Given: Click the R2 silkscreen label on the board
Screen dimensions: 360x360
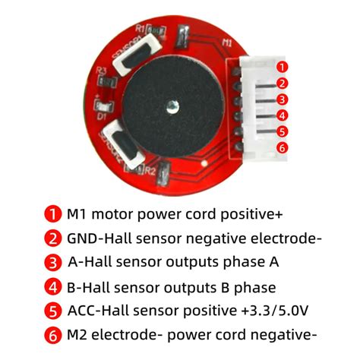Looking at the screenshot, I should (150, 172).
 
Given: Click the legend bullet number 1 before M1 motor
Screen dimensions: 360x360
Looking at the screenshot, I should (52, 214).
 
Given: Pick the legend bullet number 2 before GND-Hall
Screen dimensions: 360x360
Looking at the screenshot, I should (52, 238).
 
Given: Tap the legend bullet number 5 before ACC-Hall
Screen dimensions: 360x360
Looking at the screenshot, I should (52, 311).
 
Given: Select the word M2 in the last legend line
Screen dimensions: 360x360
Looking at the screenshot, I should (78, 335).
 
